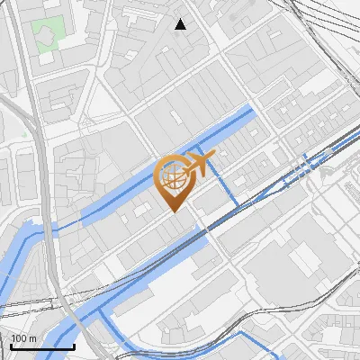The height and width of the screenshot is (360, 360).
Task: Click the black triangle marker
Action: point(181,24)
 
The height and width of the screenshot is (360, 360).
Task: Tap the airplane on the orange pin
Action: point(199,165)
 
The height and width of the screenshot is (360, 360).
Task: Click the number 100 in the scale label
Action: point(20,338)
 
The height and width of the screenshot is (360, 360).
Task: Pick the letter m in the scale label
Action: point(33,338)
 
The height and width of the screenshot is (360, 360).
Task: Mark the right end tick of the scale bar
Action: point(75,345)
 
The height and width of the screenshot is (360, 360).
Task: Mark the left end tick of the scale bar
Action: point(11,345)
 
